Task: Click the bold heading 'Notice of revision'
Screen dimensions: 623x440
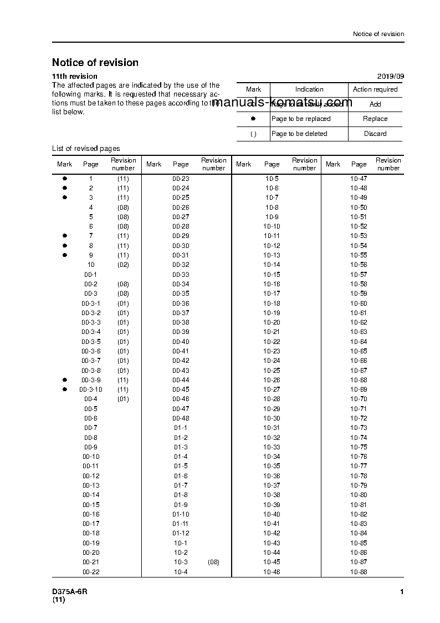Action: pos(95,63)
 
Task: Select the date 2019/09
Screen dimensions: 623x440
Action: pos(391,76)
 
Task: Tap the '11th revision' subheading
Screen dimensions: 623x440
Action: pos(75,76)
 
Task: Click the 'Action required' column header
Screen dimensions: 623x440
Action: pos(375,89)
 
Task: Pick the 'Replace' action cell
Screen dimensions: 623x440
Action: pos(375,119)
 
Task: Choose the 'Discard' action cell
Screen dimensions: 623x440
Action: pos(375,134)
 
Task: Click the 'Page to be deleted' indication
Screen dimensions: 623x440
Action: pos(299,134)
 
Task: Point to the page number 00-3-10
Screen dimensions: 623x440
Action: pos(91,389)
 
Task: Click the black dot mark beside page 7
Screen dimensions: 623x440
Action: pos(64,236)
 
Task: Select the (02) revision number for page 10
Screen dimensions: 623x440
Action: pos(123,265)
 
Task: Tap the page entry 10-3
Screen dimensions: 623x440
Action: pos(181,562)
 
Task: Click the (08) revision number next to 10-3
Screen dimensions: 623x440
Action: pos(213,562)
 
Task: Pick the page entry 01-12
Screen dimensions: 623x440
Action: pos(181,533)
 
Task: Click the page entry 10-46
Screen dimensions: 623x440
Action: pos(272,572)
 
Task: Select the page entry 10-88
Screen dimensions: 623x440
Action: pos(359,572)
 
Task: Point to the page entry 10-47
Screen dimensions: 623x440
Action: pos(359,179)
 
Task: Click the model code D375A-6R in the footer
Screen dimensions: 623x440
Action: pos(70,592)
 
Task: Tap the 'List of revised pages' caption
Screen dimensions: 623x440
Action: pos(86,148)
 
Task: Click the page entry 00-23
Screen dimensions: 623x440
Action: pos(181,179)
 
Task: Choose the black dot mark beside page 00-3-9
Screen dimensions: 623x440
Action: pos(64,379)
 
